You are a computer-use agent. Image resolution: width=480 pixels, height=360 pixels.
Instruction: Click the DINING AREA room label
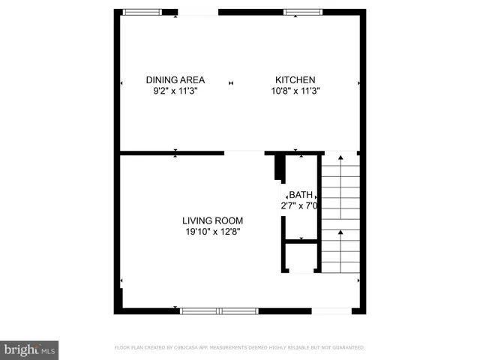click(x=175, y=80)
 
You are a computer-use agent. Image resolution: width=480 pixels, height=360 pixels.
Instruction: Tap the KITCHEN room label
click(x=295, y=80)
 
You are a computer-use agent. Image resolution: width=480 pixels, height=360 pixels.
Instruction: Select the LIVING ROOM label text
click(x=212, y=220)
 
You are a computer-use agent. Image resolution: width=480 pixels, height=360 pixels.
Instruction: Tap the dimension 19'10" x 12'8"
click(x=212, y=232)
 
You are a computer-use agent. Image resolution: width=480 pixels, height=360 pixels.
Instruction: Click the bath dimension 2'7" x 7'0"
click(x=300, y=205)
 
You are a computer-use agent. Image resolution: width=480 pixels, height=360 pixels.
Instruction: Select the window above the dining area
click(x=142, y=12)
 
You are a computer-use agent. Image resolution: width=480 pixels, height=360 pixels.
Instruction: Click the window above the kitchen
click(x=302, y=12)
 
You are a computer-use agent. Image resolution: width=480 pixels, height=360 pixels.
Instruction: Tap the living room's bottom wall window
click(x=219, y=310)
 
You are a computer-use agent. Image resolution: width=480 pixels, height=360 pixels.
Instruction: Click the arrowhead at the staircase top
click(x=340, y=157)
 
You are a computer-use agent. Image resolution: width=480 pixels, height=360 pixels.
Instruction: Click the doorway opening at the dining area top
click(x=198, y=12)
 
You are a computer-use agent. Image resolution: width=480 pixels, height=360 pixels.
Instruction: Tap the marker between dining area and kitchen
click(x=231, y=82)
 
